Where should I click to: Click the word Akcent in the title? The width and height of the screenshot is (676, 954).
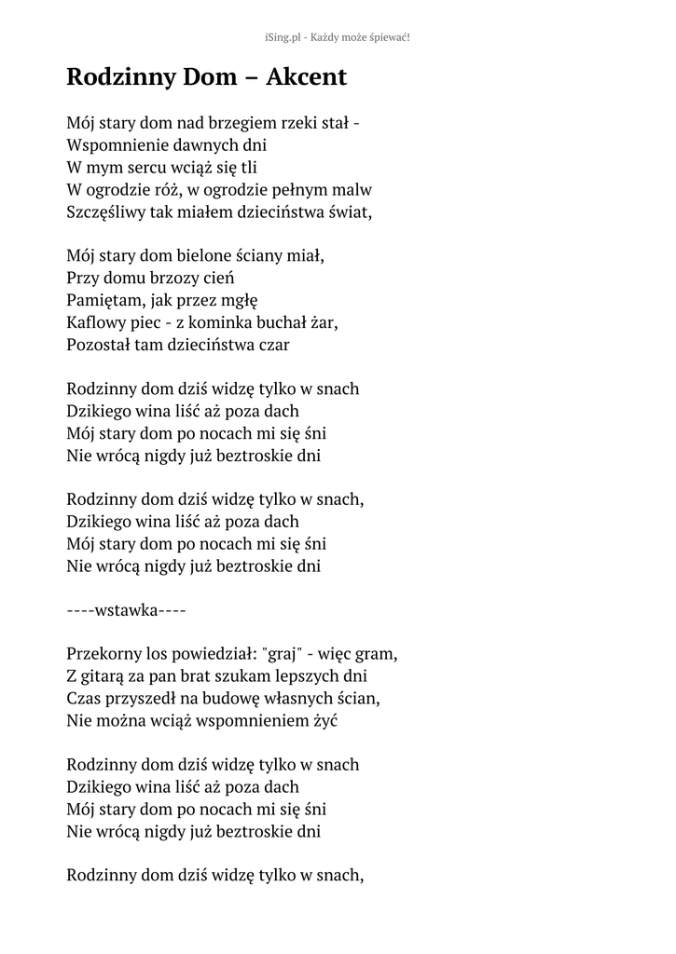tap(306, 77)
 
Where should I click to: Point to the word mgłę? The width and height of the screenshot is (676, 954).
tap(239, 301)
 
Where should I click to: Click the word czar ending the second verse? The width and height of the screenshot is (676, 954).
tap(269, 345)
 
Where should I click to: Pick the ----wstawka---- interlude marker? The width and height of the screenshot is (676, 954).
tap(127, 611)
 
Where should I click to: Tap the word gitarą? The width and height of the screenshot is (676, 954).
tap(110, 675)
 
